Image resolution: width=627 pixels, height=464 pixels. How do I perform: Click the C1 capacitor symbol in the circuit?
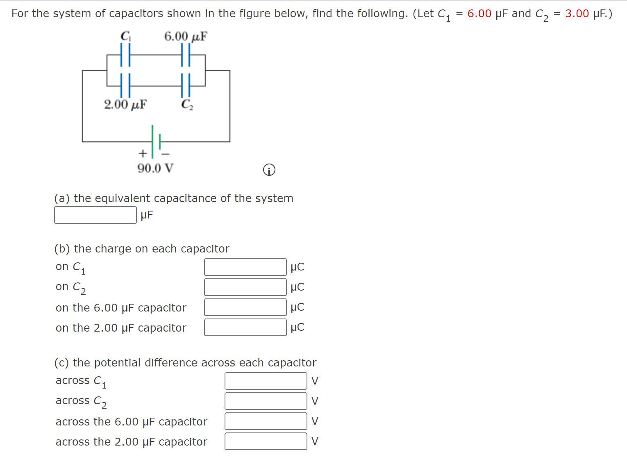pyautogui.click(x=125, y=55)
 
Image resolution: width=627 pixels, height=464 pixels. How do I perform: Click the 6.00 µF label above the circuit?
pyautogui.click(x=186, y=36)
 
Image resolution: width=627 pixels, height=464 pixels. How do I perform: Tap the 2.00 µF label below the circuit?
pyautogui.click(x=125, y=105)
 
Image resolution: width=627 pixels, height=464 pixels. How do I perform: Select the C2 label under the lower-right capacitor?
pyautogui.click(x=187, y=105)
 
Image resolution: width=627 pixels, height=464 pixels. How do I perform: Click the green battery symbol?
pyautogui.click(x=156, y=141)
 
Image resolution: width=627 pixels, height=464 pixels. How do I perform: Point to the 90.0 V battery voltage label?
pyautogui.click(x=155, y=168)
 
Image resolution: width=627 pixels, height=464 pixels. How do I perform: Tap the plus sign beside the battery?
pyautogui.click(x=142, y=153)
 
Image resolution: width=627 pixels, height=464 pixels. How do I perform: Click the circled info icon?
pyautogui.click(x=269, y=170)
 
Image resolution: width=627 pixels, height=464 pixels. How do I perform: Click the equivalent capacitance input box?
pyautogui.click(x=95, y=215)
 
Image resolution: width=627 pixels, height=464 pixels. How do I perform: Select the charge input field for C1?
pyautogui.click(x=245, y=267)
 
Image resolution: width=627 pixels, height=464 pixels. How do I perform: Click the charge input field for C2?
pyautogui.click(x=245, y=287)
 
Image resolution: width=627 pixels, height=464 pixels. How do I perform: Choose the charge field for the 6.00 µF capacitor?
pyautogui.click(x=245, y=307)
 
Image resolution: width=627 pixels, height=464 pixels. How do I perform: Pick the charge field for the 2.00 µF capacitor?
pyautogui.click(x=245, y=327)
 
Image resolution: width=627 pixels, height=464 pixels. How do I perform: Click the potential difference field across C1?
pyautogui.click(x=266, y=381)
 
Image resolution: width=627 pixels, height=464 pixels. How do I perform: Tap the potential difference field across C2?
pyautogui.click(x=266, y=401)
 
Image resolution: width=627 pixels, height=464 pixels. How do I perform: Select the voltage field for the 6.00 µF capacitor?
pyautogui.click(x=266, y=421)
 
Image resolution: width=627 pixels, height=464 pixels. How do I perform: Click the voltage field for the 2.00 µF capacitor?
pyautogui.click(x=266, y=441)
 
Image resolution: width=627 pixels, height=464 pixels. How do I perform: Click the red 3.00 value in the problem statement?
pyautogui.click(x=577, y=14)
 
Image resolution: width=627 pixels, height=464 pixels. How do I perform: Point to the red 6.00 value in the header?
pyautogui.click(x=479, y=14)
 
